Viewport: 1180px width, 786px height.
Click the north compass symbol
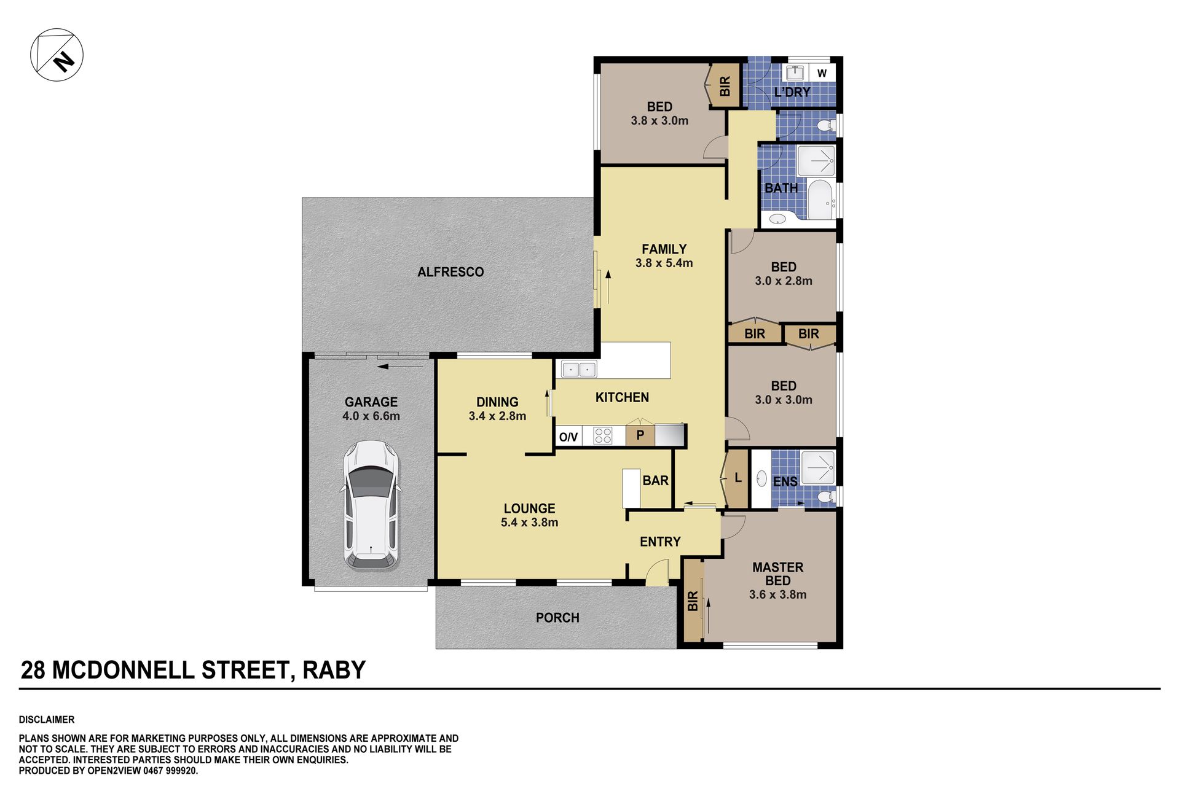point(57,55)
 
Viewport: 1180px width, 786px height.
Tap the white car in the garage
point(371,505)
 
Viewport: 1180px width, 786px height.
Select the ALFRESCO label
point(450,272)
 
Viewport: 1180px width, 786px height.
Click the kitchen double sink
point(579,370)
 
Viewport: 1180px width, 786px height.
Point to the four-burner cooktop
point(603,435)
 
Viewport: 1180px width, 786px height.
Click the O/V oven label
point(568,437)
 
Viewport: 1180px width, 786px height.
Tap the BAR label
point(655,481)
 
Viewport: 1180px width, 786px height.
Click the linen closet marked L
point(736,478)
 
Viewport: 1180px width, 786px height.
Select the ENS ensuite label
point(785,482)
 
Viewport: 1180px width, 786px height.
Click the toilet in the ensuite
point(826,496)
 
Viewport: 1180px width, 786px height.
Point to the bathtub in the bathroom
point(820,200)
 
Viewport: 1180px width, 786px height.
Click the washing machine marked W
point(822,73)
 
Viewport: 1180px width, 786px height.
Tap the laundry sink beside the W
point(795,72)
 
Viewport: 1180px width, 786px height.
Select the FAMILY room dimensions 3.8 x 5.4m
point(664,263)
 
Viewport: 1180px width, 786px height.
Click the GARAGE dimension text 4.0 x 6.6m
point(371,416)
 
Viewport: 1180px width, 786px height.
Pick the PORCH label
point(557,618)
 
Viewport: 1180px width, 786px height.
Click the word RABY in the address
point(334,670)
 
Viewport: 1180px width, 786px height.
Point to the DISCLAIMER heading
point(47,720)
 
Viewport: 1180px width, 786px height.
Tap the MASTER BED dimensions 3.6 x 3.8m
point(777,595)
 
